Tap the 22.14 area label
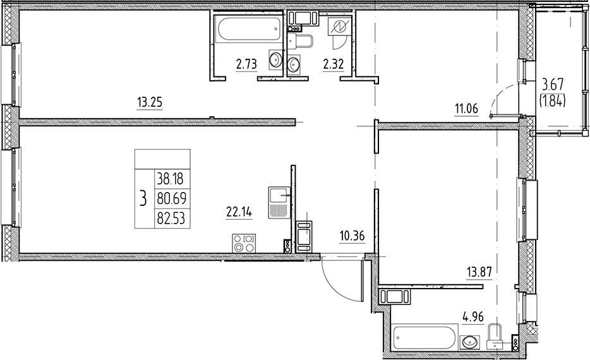(x=239, y=212)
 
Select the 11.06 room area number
(x=467, y=109)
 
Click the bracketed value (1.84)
(x=553, y=99)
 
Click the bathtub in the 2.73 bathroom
(x=247, y=29)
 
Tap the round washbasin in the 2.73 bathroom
(x=276, y=60)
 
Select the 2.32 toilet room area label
(x=334, y=64)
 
